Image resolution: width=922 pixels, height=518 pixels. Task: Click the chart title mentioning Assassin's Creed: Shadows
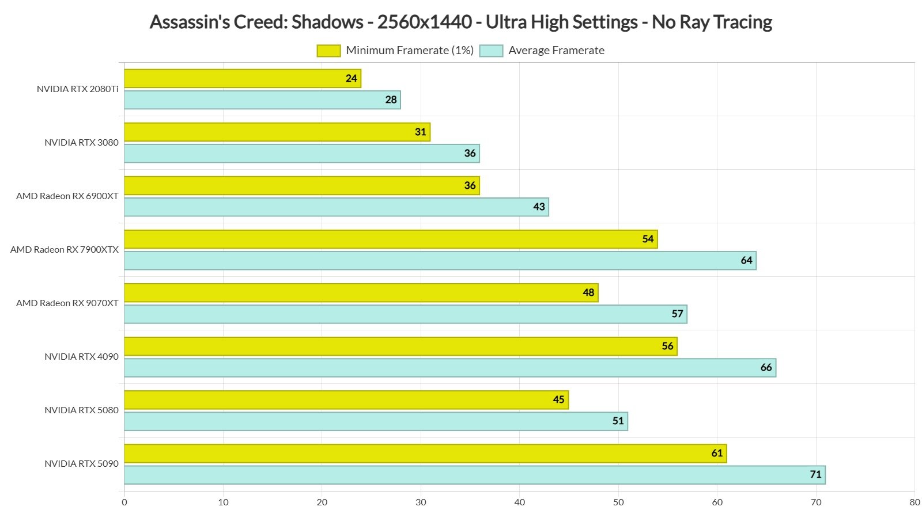point(460,22)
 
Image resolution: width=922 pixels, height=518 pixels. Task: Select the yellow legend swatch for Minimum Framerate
point(328,51)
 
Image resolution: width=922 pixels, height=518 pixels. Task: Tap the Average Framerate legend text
point(556,51)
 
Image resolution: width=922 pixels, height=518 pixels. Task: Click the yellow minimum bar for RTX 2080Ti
point(242,78)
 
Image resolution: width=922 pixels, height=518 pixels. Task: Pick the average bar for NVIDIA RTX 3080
point(301,154)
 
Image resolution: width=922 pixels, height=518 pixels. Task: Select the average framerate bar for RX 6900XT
point(336,207)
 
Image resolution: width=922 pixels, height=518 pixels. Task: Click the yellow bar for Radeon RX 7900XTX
point(390,239)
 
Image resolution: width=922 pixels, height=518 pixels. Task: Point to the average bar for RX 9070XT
point(405,314)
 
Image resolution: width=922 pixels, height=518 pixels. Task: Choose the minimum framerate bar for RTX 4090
point(400,346)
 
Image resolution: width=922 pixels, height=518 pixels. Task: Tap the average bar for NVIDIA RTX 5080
point(376,421)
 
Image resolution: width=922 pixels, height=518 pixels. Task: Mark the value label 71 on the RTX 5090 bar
point(815,475)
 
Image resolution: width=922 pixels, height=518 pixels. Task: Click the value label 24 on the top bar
point(352,78)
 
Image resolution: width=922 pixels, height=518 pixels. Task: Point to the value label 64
point(746,261)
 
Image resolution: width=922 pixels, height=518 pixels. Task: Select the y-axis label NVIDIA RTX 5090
point(81,464)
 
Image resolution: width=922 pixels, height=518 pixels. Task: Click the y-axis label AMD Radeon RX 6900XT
point(67,196)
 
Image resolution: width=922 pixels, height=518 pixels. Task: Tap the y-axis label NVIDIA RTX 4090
point(81,357)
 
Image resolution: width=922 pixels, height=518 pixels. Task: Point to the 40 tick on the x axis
point(519,502)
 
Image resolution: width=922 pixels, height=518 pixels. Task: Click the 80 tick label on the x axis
point(915,502)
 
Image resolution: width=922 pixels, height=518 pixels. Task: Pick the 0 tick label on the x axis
point(124,502)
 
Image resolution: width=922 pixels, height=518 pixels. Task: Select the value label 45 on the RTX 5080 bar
point(558,400)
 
